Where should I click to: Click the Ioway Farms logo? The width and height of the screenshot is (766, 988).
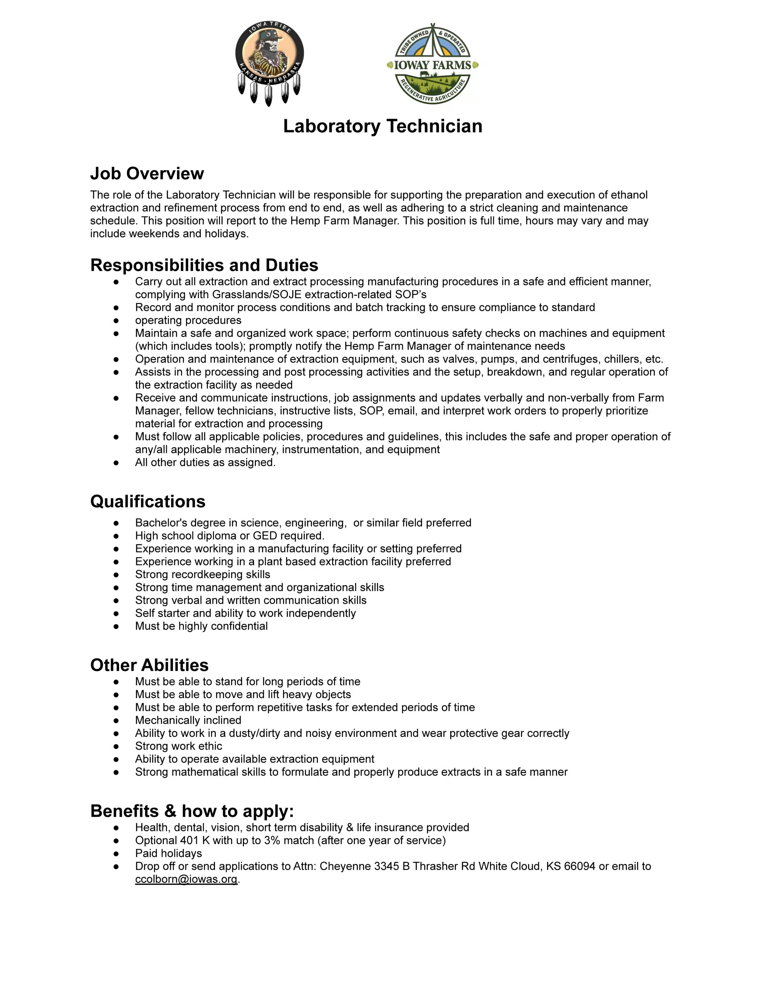[433, 64]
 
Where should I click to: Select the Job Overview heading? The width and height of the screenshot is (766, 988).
[147, 173]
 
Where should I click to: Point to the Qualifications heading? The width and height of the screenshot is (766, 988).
[148, 501]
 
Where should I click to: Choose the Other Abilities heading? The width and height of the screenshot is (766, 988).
[149, 665]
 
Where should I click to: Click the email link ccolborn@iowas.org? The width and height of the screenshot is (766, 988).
[186, 879]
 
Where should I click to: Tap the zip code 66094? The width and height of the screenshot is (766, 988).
[579, 866]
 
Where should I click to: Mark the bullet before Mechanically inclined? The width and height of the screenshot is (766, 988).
[116, 720]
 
